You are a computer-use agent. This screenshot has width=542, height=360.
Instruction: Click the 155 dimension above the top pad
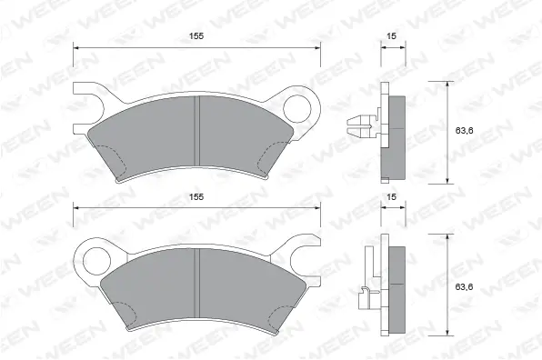[197, 37]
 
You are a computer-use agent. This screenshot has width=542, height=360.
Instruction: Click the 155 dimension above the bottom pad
[197, 197]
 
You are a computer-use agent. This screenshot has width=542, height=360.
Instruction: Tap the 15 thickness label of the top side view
[391, 37]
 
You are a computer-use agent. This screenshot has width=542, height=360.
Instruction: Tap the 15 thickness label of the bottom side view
[391, 197]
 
